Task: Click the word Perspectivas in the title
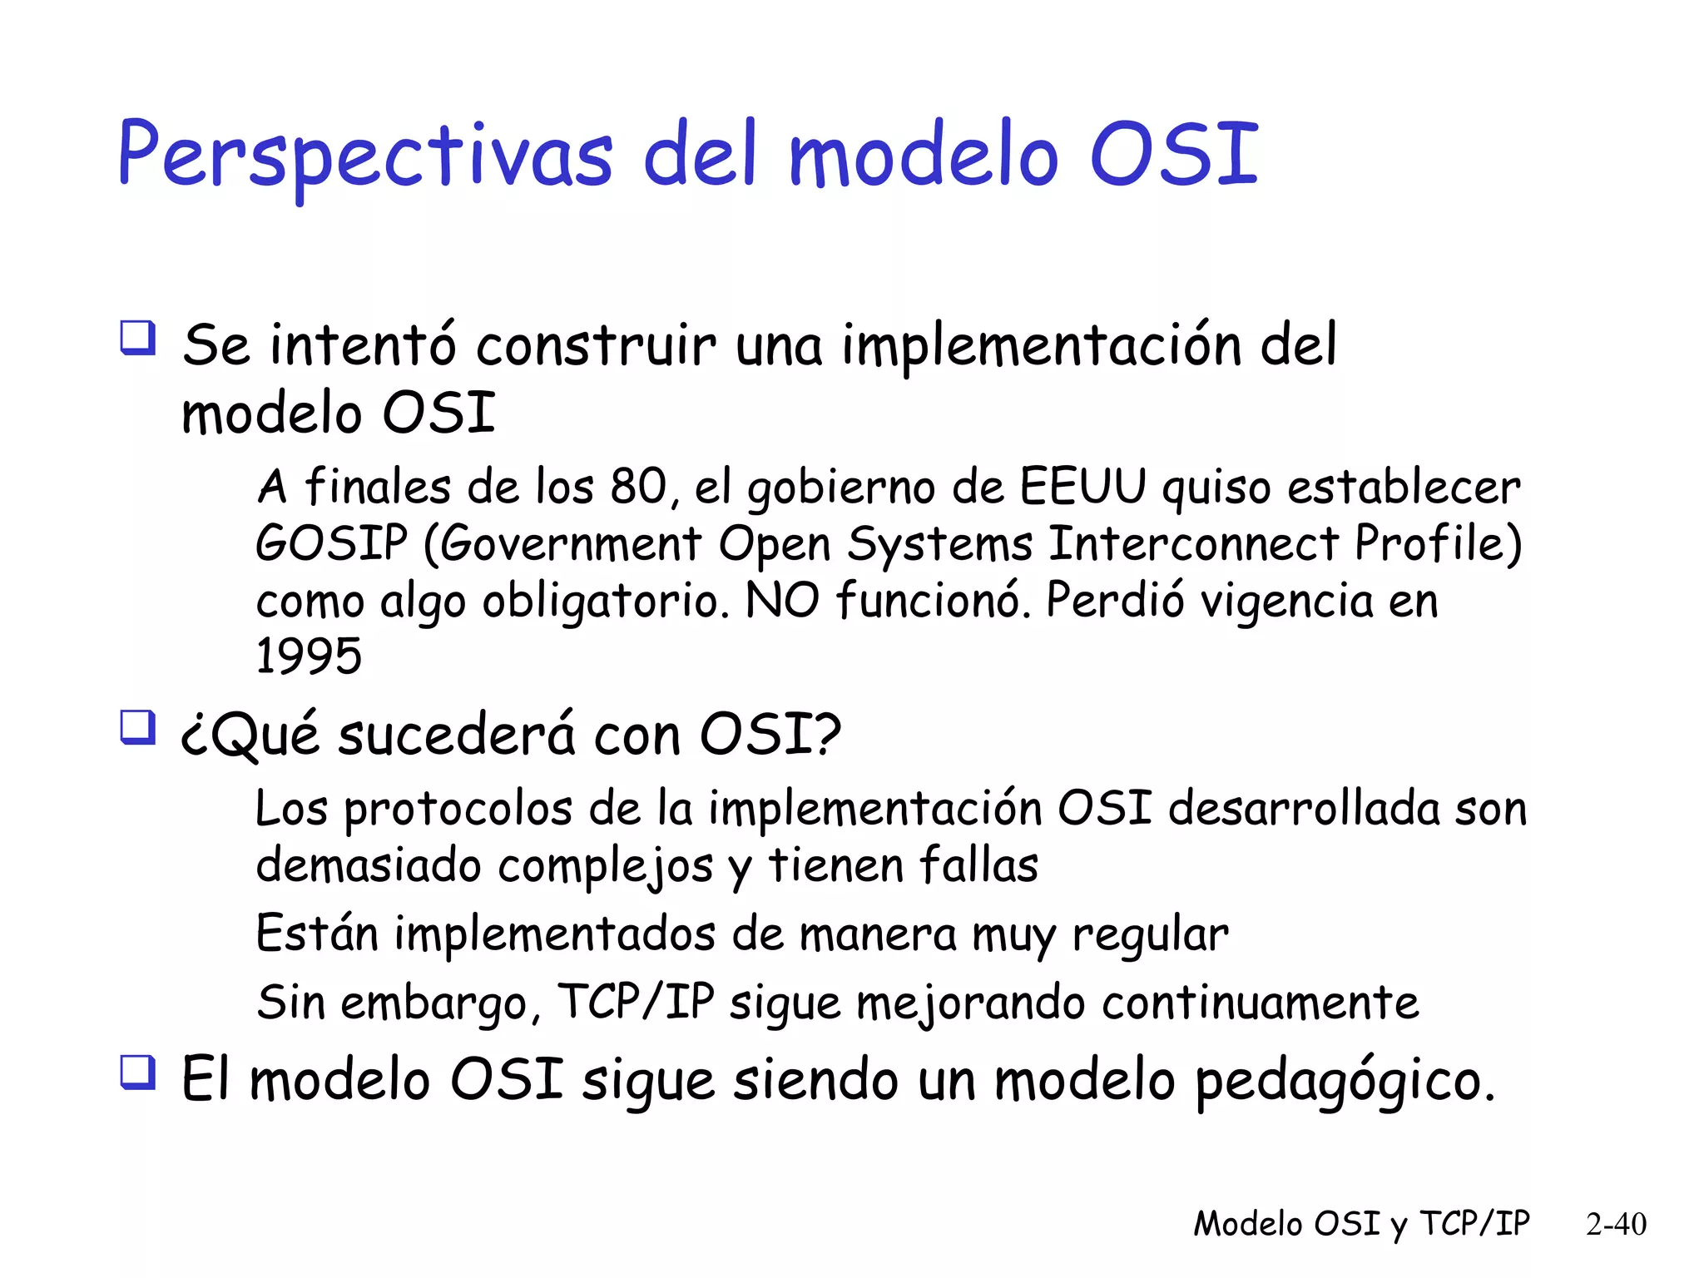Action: pos(364,156)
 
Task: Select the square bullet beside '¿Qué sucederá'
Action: pos(137,727)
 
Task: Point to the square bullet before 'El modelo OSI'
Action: pos(137,1072)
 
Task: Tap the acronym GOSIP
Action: pos(331,543)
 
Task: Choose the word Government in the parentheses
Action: pos(571,545)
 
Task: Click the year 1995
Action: pos(309,656)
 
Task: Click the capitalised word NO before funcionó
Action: pos(782,600)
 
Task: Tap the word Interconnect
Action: pos(1193,543)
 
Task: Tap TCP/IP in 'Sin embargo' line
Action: pos(636,1002)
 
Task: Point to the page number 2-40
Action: pos(1616,1224)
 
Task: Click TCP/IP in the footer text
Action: pos(1474,1224)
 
